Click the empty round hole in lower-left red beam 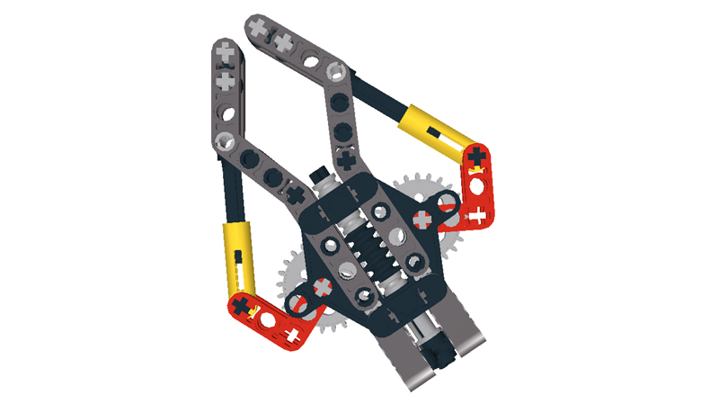[266, 320]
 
